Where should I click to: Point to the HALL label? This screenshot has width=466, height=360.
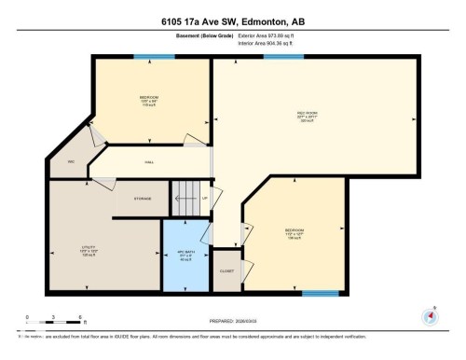coord(149,162)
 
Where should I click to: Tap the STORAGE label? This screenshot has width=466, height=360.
coord(143,198)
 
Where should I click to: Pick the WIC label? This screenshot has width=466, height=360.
coord(70,162)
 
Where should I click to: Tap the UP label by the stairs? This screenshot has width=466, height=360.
coord(204,198)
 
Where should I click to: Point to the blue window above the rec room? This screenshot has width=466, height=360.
coord(277,56)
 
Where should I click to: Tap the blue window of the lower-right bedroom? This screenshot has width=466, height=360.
coord(320,294)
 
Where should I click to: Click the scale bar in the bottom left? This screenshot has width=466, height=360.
coord(54,323)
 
